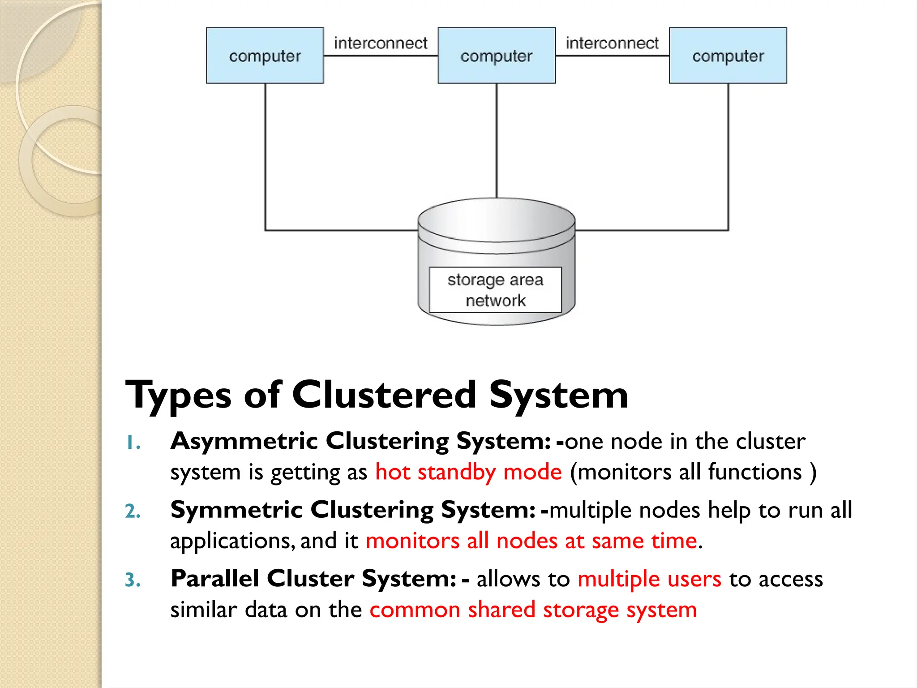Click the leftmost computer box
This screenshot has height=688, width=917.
coord(265,56)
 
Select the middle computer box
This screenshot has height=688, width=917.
coord(496,56)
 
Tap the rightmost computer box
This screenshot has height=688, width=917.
coord(728,56)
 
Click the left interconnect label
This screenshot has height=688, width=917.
coord(381,43)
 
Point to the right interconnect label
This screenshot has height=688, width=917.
coord(612,43)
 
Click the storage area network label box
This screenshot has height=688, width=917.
coord(495,290)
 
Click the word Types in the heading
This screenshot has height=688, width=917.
coord(178,396)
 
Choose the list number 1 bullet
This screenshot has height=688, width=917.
coord(133,443)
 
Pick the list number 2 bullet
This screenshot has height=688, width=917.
coord(133,512)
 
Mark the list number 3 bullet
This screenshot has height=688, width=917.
coord(133,580)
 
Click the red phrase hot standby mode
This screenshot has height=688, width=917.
coord(468,472)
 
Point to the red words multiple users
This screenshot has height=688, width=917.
coord(649,579)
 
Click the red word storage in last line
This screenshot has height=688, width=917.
coord(580,610)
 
